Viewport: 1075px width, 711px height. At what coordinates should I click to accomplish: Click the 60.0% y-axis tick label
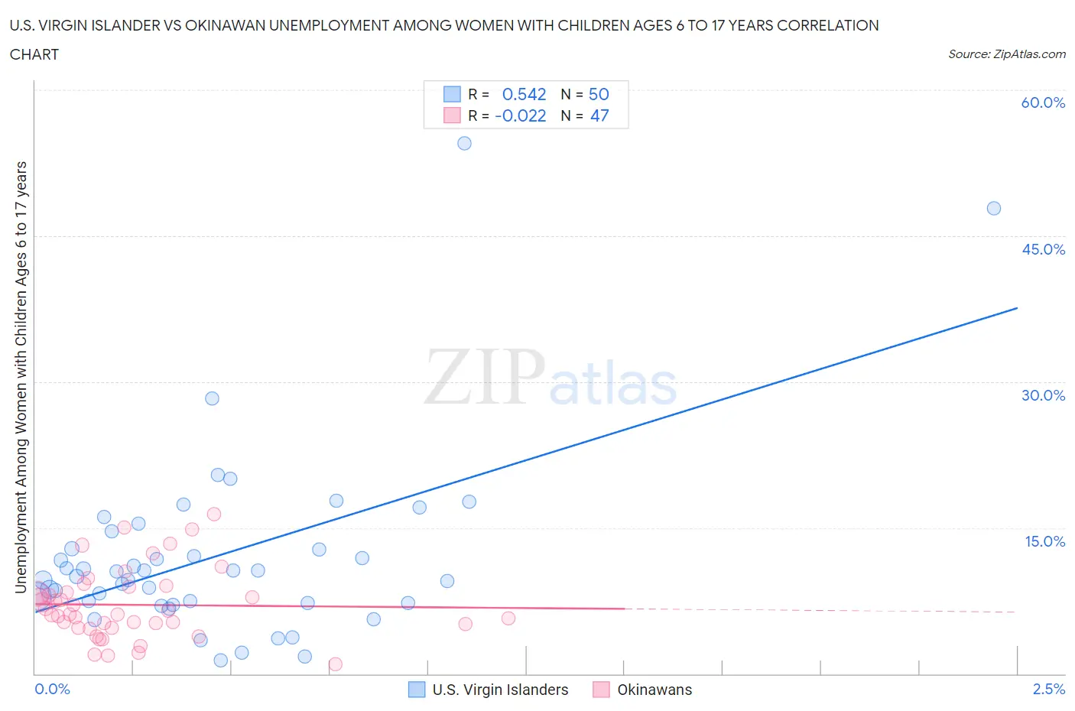point(1043,102)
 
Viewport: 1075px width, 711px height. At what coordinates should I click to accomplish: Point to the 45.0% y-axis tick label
point(1043,249)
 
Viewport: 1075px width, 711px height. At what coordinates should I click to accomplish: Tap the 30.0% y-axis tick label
point(1043,395)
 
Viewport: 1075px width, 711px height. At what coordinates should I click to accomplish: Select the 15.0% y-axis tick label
point(1044,541)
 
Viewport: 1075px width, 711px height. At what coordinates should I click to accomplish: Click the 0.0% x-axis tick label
point(52,689)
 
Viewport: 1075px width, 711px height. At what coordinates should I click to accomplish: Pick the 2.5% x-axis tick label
point(1048,689)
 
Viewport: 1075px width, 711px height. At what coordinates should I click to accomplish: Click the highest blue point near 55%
point(464,143)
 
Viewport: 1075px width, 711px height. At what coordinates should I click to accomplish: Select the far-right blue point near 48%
point(993,208)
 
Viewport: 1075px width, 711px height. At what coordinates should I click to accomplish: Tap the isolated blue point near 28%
point(212,398)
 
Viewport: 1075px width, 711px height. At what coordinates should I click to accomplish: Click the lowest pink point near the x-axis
point(335,664)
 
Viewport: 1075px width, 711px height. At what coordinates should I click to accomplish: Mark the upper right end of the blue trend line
point(1016,307)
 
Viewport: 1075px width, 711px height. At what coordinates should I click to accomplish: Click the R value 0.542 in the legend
point(524,94)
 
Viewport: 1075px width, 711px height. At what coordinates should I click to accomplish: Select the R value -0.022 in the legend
point(520,115)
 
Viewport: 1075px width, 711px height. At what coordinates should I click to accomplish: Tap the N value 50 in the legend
point(599,94)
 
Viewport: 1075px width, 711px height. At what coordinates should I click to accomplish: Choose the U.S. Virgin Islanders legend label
point(500,690)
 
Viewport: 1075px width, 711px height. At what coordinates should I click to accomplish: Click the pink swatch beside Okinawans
point(601,690)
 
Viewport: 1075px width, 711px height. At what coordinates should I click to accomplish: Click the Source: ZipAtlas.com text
point(1006,54)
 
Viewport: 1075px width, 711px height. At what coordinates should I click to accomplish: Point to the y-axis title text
point(21,377)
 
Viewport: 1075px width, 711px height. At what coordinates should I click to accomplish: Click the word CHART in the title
point(34,54)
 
